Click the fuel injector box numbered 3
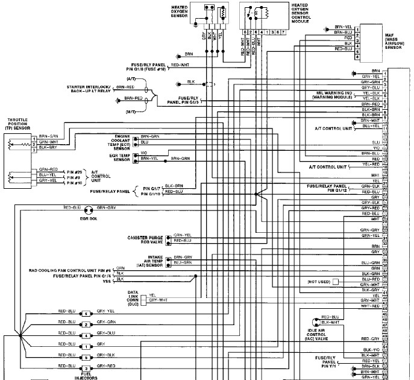point(86,367)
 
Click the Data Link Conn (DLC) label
point(133,299)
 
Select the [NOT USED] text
point(319,282)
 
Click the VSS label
point(108,282)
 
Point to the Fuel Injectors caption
point(86,376)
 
